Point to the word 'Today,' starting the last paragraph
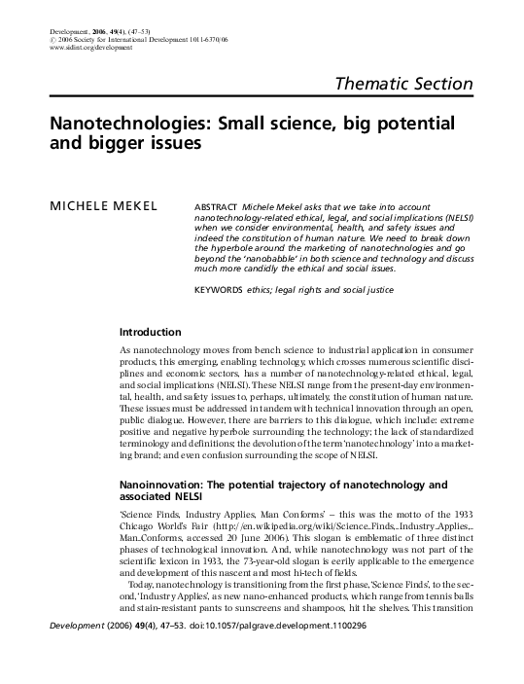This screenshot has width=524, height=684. (x=136, y=608)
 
